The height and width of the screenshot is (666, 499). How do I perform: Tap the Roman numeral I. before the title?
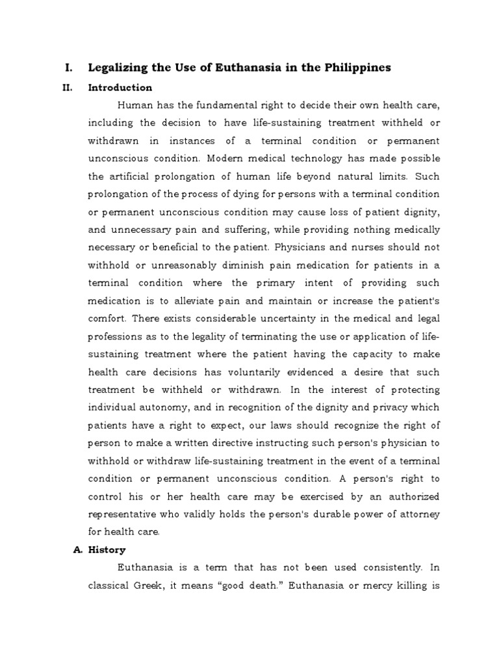pyautogui.click(x=68, y=68)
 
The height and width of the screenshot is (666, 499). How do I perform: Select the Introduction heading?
pyautogui.click(x=120, y=88)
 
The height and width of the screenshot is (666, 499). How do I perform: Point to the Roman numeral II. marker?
pyautogui.click(x=69, y=88)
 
